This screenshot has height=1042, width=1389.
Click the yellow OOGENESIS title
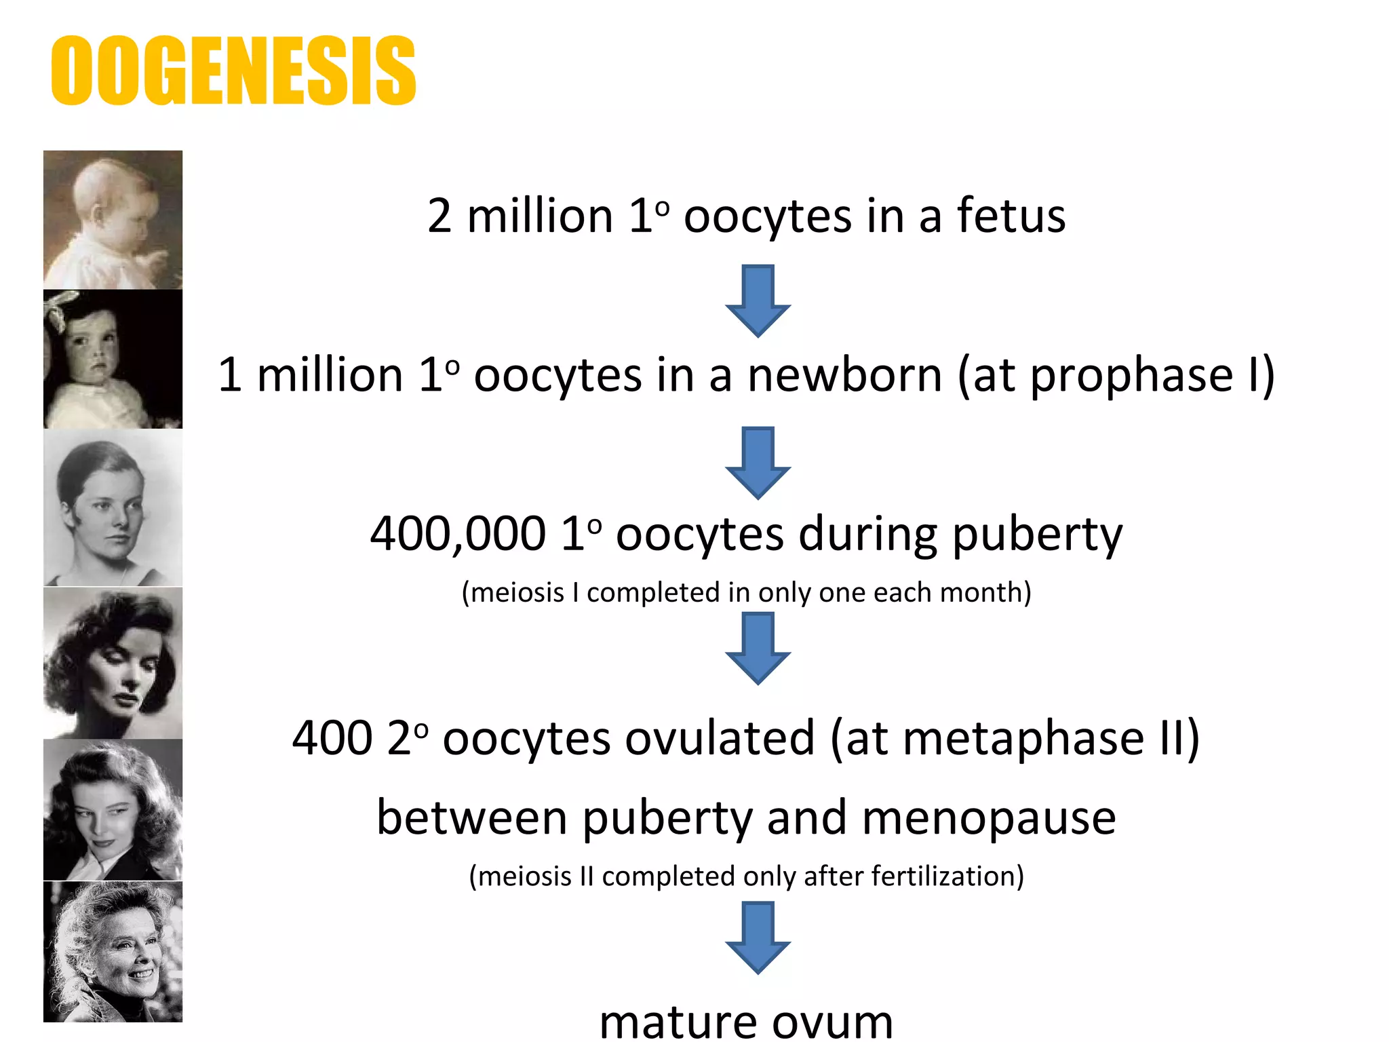(x=233, y=71)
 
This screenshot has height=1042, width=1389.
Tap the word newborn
(x=844, y=375)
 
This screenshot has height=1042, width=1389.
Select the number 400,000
(x=458, y=534)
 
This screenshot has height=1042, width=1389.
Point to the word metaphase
(x=1024, y=739)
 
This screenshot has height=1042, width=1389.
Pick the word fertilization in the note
(x=946, y=876)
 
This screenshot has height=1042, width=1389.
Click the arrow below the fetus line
(x=758, y=301)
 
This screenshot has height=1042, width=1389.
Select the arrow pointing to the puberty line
(x=758, y=463)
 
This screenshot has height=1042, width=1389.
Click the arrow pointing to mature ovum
(x=758, y=938)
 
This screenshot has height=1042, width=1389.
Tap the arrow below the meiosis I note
(x=758, y=648)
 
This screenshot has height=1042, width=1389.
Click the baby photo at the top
(x=113, y=220)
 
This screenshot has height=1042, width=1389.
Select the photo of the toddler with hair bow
(x=113, y=360)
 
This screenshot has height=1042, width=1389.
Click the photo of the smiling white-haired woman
(x=113, y=952)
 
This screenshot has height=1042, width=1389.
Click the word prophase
(x=1131, y=375)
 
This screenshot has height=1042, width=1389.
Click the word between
(x=471, y=818)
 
